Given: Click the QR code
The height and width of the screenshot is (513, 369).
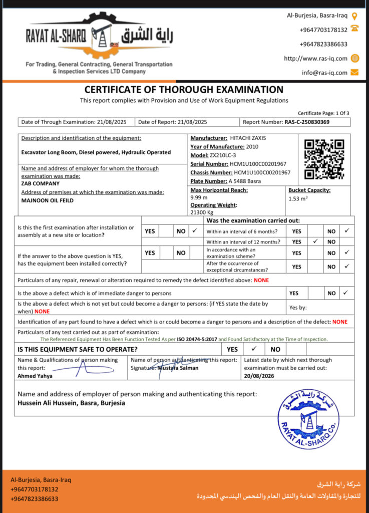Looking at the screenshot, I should [x=324, y=159].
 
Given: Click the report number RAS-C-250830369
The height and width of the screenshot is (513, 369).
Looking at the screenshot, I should [x=307, y=122].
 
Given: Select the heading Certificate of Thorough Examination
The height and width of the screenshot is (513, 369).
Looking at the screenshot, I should [x=184, y=90].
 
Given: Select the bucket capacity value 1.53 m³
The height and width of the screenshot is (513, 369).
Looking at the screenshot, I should [x=299, y=199].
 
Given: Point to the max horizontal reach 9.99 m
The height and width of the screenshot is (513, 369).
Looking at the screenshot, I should [x=199, y=197].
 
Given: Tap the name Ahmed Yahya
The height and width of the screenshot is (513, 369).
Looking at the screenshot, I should [x=35, y=375].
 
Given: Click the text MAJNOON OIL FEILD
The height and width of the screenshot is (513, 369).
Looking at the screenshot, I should [x=48, y=200].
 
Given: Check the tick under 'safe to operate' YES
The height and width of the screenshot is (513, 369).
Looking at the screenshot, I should [x=254, y=349].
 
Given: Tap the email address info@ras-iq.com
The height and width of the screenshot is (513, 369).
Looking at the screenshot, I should [x=324, y=73].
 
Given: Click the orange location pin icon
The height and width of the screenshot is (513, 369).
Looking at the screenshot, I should [x=355, y=16].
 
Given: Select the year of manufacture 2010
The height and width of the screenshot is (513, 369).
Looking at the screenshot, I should [x=253, y=146].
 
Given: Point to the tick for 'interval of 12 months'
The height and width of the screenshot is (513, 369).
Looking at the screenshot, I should [x=315, y=241].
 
